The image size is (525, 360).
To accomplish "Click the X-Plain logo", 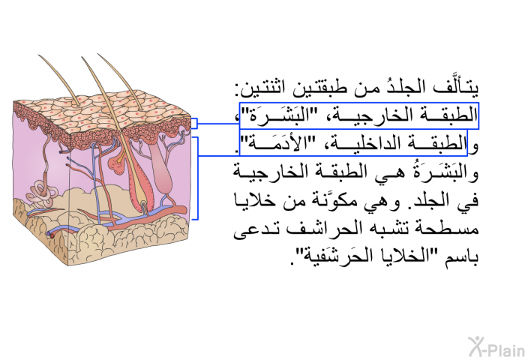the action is pyautogui.click(x=496, y=346).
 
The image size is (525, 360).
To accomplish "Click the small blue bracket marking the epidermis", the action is pyautogui.click(x=194, y=123).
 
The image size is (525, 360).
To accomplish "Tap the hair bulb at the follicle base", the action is pyautogui.click(x=144, y=205).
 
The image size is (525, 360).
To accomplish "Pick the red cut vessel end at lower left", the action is pyautogui.click(x=52, y=235).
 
